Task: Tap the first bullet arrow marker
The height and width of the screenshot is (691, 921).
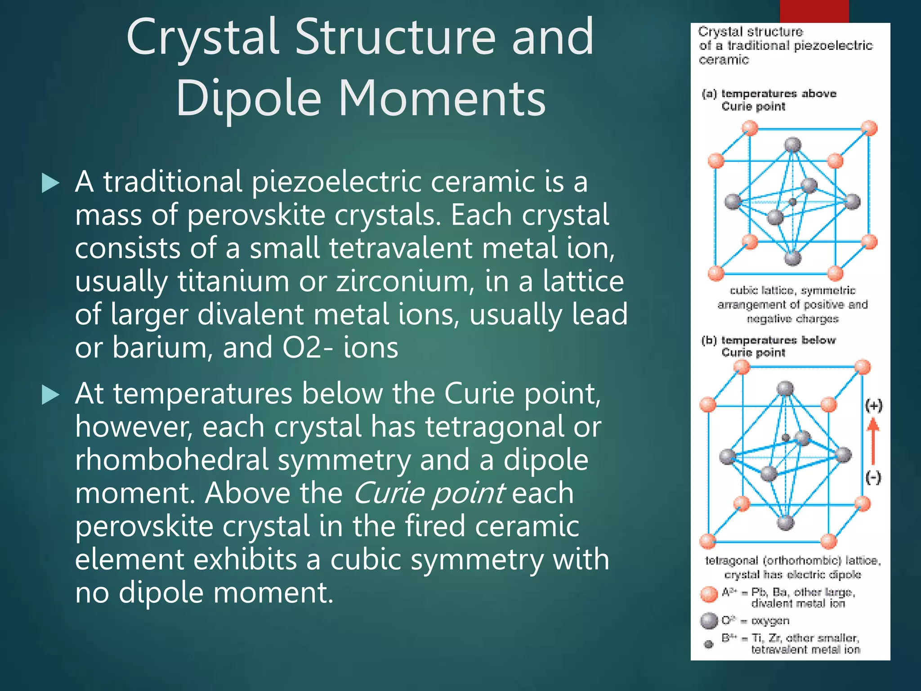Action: click(50, 183)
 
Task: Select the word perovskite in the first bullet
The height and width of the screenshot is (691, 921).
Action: click(255, 215)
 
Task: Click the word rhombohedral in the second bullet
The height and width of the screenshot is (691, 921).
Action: click(175, 460)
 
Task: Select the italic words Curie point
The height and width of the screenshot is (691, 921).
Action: click(429, 493)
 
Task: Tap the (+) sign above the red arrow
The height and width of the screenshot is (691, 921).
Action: click(874, 405)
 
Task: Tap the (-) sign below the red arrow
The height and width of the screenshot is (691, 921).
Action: click(873, 477)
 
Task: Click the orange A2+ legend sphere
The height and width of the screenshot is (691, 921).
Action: click(709, 594)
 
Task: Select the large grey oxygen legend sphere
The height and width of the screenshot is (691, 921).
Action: click(709, 621)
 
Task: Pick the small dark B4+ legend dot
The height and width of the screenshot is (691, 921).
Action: click(709, 644)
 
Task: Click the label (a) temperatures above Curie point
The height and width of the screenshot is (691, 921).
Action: click(769, 100)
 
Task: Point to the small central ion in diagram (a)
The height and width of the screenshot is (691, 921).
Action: click(793, 202)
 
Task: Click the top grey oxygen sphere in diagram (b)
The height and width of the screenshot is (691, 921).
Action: click(785, 389)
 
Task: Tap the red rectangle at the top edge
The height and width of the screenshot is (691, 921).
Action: click(814, 11)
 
